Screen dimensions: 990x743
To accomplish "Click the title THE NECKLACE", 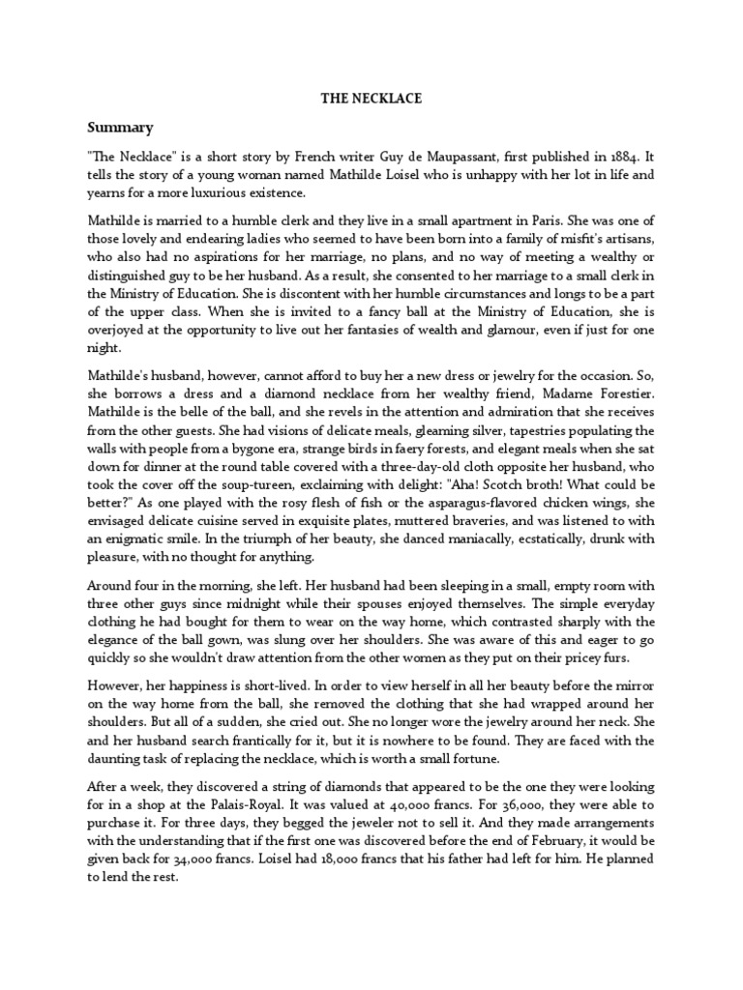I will (371, 98).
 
